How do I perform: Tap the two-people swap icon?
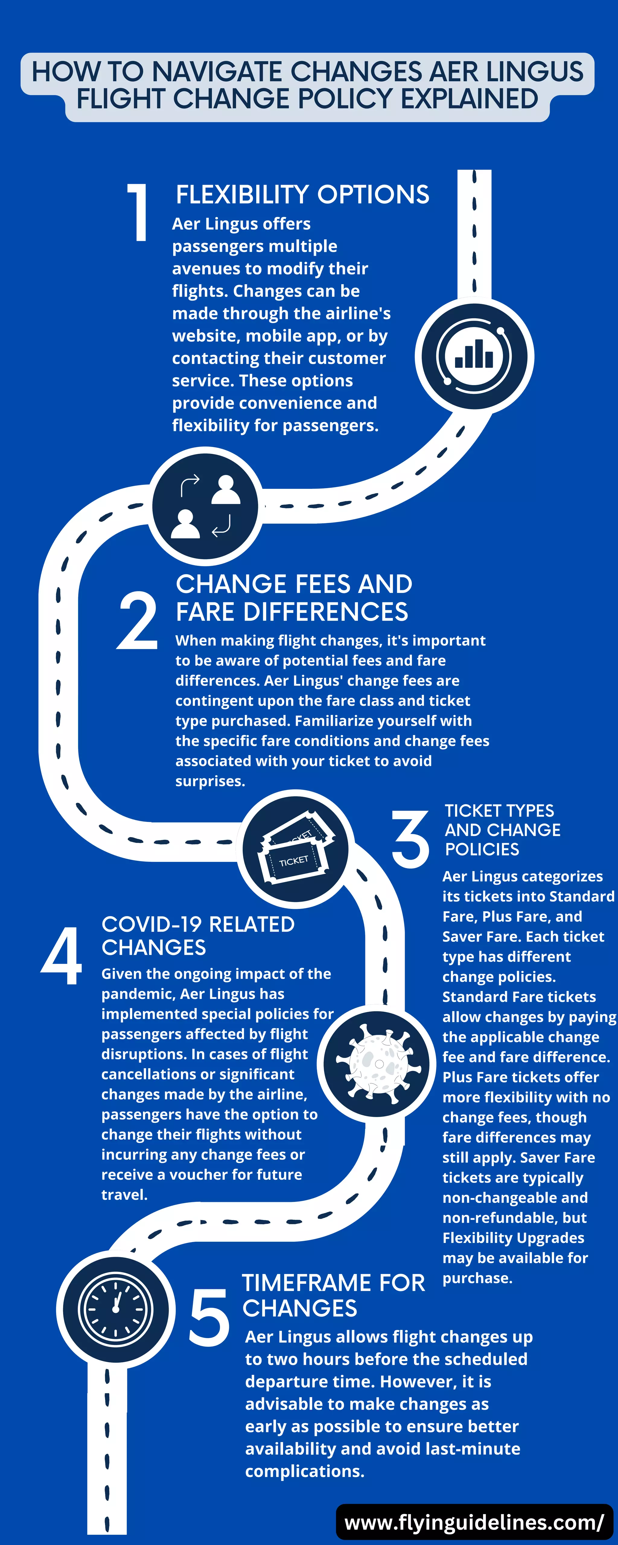coord(205,507)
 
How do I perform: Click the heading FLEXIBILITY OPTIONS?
coord(302,195)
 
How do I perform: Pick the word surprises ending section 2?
coord(210,781)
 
